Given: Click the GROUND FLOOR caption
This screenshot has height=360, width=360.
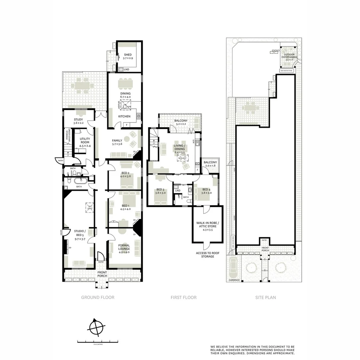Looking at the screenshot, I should (98, 297).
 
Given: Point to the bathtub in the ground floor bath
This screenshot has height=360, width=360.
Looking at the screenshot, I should (81, 181).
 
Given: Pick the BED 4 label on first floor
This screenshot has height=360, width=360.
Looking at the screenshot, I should (206, 191).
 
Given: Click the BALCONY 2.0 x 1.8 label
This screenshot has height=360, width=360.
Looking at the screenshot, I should (210, 164).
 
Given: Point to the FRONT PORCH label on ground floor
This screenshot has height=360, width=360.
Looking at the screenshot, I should (102, 274).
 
